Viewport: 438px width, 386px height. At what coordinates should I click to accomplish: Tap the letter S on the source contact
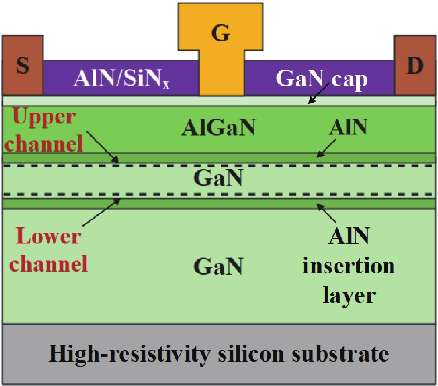23,66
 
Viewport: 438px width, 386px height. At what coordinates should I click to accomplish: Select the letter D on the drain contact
415,66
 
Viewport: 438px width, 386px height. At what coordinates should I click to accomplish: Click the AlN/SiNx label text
121,79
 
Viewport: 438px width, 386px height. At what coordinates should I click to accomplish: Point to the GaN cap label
321,79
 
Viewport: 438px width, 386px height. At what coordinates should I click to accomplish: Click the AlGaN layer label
219,128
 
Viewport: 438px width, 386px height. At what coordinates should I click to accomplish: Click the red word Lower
49,236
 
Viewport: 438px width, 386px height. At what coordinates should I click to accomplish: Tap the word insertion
349,266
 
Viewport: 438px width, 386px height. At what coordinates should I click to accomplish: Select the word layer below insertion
349,296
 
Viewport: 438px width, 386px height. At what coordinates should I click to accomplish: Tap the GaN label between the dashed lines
218,178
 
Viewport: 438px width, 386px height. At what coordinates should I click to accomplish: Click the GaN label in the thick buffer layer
218,266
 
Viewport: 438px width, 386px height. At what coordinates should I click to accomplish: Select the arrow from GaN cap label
319,93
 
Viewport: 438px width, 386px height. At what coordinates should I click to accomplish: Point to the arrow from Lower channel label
102,213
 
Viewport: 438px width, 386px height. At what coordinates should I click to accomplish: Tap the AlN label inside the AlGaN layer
348,128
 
